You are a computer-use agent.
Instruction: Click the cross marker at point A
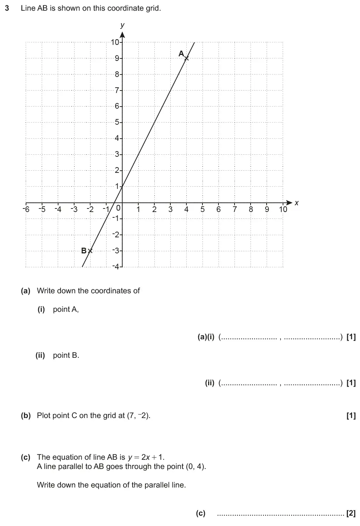pos(186,58)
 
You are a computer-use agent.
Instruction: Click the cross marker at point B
pos(90,251)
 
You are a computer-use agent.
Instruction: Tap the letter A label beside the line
pos(181,53)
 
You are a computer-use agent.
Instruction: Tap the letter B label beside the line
pos(84,251)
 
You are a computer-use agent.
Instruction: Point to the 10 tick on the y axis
pos(115,42)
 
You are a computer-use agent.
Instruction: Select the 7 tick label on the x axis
pos(235,209)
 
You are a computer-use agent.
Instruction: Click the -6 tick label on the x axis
pos(26,209)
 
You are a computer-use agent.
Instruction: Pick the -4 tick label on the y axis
pos(115,267)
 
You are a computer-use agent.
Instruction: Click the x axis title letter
pos(296,203)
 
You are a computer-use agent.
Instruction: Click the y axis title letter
pos(123,25)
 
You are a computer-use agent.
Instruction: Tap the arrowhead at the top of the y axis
pos(123,35)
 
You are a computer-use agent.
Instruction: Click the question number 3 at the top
pos(7,8)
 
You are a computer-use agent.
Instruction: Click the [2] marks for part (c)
pos(351,514)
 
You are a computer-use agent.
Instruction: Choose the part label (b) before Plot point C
pos(26,415)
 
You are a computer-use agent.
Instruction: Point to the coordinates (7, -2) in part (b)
pos(138,415)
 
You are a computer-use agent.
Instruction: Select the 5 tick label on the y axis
pos(117,122)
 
